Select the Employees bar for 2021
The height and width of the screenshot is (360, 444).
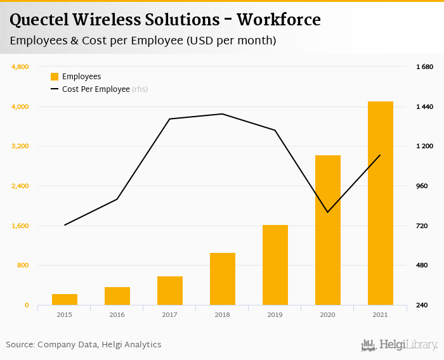tap(381, 203)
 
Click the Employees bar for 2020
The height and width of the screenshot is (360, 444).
tap(328, 230)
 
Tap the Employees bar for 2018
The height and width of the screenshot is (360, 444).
tap(223, 279)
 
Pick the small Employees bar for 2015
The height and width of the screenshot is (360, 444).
tap(65, 299)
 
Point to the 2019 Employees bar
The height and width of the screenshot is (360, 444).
tap(275, 265)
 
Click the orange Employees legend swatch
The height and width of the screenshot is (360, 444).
tap(55, 77)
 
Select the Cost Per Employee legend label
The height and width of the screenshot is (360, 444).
tap(96, 89)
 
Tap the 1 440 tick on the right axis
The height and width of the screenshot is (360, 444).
tap(424, 106)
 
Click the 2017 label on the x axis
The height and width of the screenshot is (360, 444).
tap(169, 314)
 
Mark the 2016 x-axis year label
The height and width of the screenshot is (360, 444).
tap(117, 314)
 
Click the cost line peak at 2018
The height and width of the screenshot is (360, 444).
tap(222, 114)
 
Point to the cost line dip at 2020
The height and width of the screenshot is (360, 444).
tap(327, 212)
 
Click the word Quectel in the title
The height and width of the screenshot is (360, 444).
tap(40, 20)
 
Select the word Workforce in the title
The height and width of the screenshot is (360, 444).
tap(278, 20)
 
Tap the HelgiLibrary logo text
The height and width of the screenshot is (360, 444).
tap(408, 345)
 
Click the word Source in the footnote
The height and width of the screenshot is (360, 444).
tap(20, 345)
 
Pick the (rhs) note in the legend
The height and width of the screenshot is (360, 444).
tap(140, 89)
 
